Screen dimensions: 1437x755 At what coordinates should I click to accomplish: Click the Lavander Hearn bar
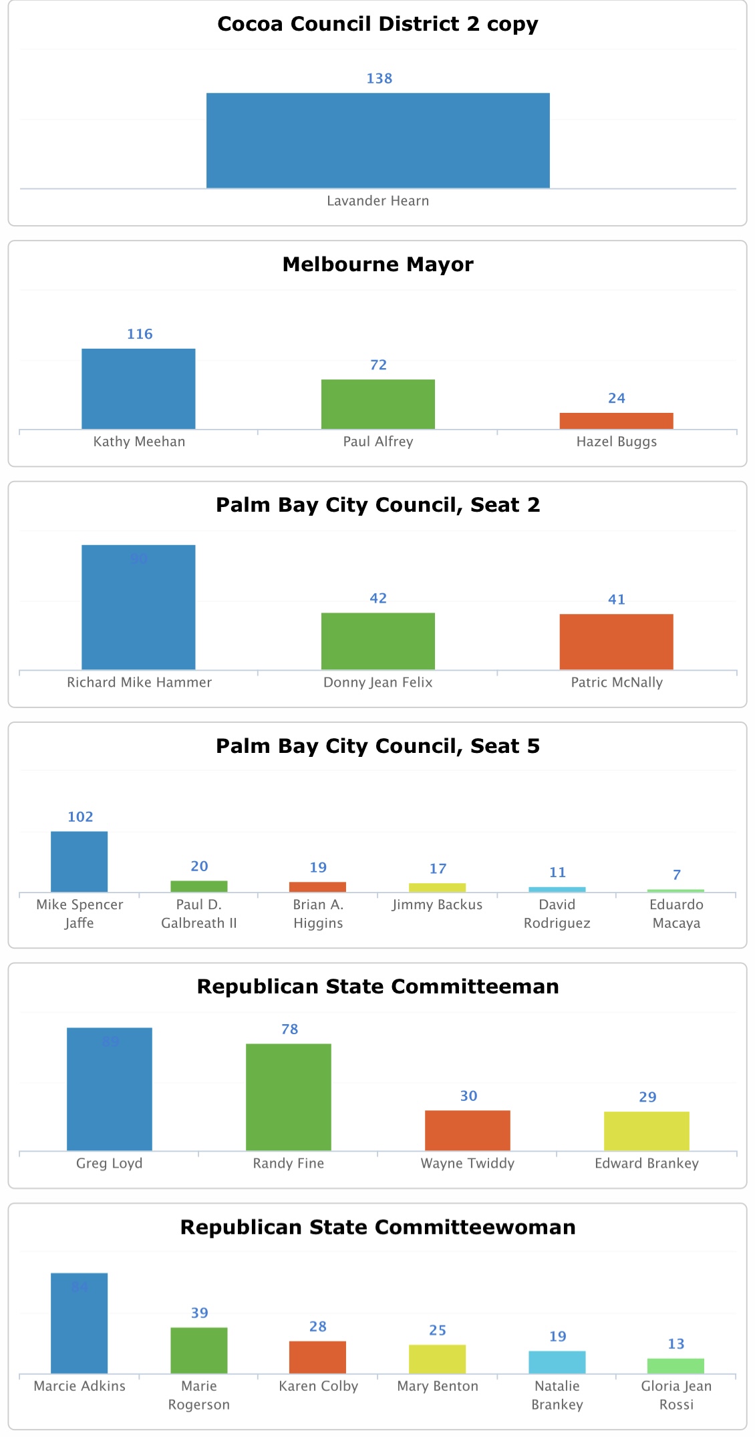(x=377, y=140)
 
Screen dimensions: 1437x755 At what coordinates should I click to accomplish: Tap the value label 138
(x=379, y=79)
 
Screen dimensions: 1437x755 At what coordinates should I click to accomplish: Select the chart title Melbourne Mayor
(x=377, y=265)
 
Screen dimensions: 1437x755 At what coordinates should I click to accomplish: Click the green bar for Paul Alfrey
(x=377, y=404)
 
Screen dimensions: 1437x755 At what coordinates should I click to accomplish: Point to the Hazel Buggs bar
(x=616, y=421)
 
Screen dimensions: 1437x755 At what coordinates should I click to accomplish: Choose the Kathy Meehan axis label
(x=139, y=442)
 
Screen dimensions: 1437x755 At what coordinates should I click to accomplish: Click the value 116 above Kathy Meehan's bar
(x=140, y=334)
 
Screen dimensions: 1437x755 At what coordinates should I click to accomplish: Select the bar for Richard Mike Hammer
(x=138, y=607)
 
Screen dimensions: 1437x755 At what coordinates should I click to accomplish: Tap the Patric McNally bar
(x=616, y=641)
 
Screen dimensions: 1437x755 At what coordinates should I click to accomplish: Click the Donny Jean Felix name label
(x=377, y=682)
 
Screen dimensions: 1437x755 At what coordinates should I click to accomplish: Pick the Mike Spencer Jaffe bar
(x=80, y=861)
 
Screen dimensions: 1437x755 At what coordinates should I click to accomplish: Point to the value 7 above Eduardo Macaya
(x=676, y=874)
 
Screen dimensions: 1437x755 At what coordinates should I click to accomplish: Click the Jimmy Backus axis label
(x=437, y=905)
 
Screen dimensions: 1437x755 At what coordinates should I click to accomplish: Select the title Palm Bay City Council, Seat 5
(x=377, y=746)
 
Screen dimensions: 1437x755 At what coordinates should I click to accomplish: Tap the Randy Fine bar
(x=288, y=1096)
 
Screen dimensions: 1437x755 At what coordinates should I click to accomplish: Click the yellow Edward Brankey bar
(x=646, y=1130)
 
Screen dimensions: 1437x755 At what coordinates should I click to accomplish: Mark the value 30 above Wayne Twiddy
(x=468, y=1096)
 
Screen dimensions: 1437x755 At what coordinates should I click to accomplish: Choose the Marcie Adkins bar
(x=80, y=1323)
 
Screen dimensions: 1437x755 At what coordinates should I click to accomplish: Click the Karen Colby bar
(x=317, y=1357)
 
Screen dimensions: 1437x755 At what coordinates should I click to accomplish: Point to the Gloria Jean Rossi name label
(x=676, y=1395)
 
